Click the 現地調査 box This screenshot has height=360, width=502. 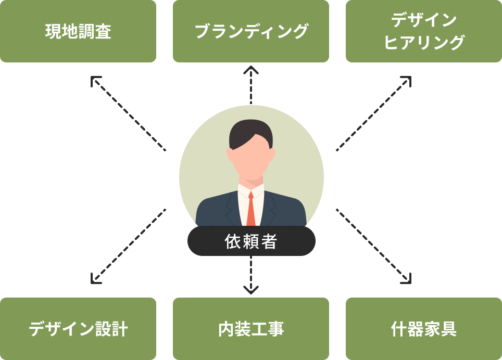click(x=78, y=31)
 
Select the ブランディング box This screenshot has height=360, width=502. click(x=251, y=31)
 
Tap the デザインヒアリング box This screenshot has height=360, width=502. click(x=424, y=31)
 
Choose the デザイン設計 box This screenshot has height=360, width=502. click(x=78, y=329)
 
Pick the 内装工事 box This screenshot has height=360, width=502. click(x=251, y=329)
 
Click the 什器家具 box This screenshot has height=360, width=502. click(x=424, y=329)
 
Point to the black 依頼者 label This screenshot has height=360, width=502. click(x=252, y=241)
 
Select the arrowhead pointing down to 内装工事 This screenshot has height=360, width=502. click(x=251, y=290)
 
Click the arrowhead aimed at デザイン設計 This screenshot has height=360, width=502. click(x=95, y=279)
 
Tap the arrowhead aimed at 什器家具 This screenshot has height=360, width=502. click(x=406, y=279)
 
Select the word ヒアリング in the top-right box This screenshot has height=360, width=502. click(x=424, y=43)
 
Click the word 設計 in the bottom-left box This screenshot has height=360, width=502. click(x=111, y=329)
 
